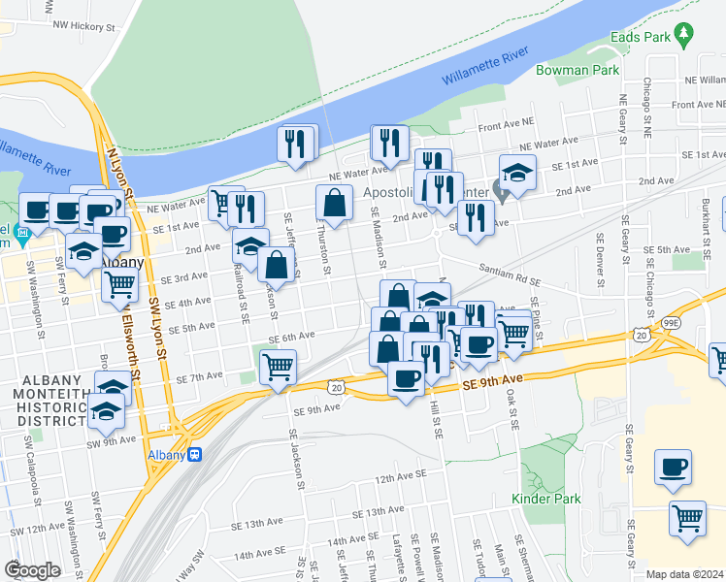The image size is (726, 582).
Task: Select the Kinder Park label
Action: (546, 499)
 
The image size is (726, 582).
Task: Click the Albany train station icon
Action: (195, 453)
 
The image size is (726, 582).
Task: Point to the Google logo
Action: (32, 569)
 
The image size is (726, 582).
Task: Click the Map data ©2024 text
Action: (685, 574)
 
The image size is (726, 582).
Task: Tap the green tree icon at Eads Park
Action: (685, 33)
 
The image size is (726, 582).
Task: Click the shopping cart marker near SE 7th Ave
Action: (278, 367)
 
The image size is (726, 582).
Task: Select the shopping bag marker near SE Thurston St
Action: (334, 203)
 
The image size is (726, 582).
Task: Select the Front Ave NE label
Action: (505, 125)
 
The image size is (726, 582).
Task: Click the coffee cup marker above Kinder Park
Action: (673, 468)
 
